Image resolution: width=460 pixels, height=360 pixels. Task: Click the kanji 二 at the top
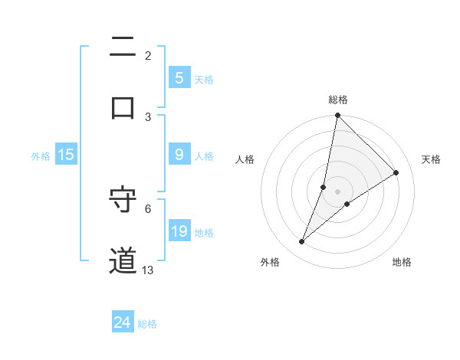tap(123, 47)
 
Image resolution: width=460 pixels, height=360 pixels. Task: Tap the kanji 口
tap(123, 107)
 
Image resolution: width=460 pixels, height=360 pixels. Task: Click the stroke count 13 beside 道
tap(148, 270)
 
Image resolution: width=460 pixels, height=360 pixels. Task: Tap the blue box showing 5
tap(179, 78)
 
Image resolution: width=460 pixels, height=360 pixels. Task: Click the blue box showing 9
tap(179, 155)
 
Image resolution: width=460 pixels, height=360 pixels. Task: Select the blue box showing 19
tap(179, 231)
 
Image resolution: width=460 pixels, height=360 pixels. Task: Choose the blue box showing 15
tap(66, 155)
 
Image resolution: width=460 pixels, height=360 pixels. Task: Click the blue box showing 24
tap(122, 322)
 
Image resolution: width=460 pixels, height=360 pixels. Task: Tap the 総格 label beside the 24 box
tap(147, 324)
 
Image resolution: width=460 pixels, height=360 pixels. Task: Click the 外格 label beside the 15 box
tap(41, 156)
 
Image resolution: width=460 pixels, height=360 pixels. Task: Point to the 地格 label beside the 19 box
tap(204, 233)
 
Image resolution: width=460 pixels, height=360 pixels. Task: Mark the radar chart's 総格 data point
tap(337, 116)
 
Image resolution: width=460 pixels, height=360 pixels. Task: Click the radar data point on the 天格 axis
tap(396, 173)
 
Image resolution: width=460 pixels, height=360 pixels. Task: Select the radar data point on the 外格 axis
tap(301, 242)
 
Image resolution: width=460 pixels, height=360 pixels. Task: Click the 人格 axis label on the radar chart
tap(245, 160)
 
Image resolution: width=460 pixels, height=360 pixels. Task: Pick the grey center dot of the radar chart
tap(337, 191)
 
